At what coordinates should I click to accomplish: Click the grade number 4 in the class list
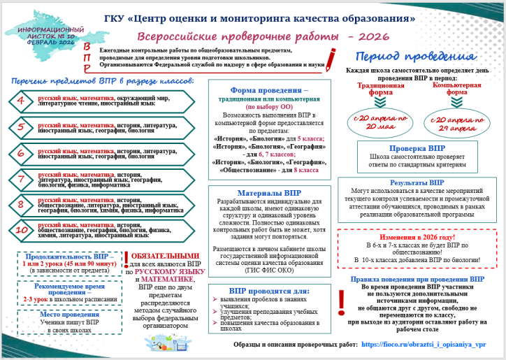(x=21, y=101)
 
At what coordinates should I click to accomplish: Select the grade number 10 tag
(x=21, y=229)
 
